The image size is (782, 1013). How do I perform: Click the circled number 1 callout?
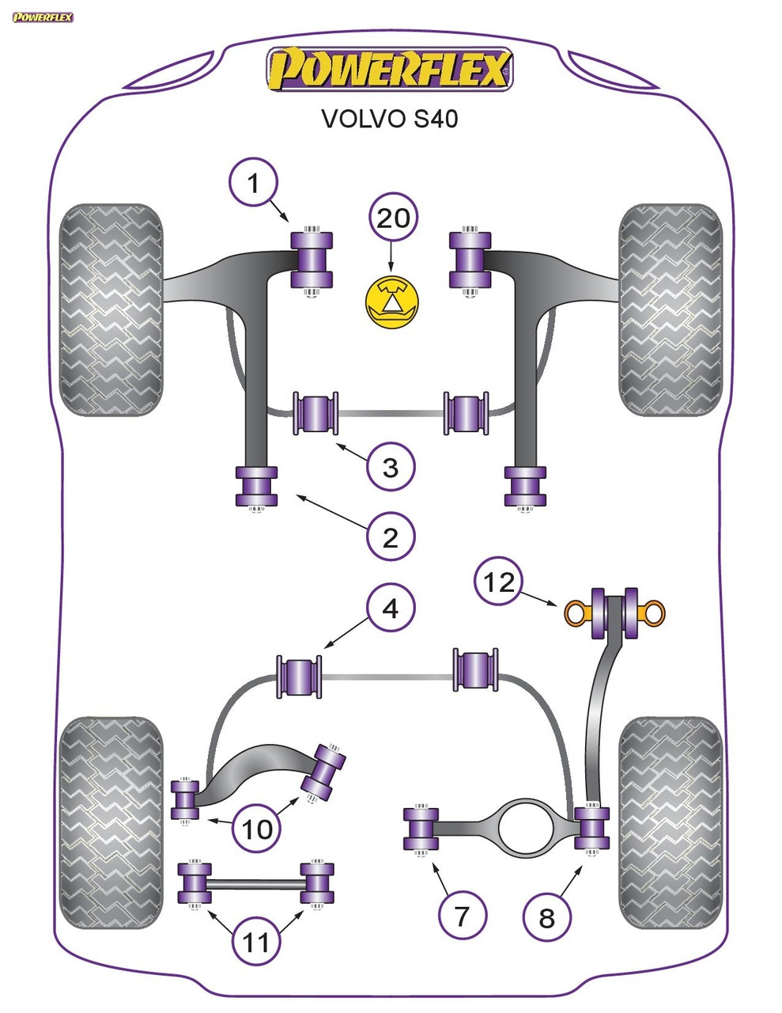tap(253, 184)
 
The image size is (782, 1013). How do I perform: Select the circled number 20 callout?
tap(393, 217)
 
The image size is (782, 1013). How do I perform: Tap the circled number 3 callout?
tap(391, 467)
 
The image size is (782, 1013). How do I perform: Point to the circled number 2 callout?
tap(391, 537)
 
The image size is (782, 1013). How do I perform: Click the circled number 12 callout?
tap(499, 582)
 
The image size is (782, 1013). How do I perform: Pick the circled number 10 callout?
tap(257, 829)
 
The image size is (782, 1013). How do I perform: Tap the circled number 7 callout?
tap(462, 916)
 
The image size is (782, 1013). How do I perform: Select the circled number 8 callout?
tap(546, 918)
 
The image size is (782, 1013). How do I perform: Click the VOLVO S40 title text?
tap(389, 119)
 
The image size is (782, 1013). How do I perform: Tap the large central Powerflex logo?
tap(390, 70)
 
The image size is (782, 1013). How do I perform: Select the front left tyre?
tap(112, 309)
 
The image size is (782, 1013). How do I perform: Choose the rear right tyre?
tap(671, 823)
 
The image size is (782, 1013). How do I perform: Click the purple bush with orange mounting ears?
tap(614, 612)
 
